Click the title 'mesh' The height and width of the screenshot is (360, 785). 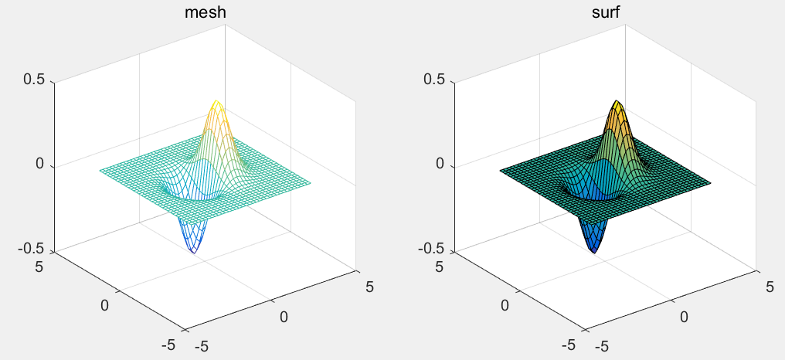(212, 12)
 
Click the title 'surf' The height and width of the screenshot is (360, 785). (612, 12)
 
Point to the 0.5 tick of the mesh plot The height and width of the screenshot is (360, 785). (36, 80)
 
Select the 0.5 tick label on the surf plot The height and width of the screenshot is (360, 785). (436, 80)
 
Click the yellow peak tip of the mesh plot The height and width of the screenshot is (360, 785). (216, 101)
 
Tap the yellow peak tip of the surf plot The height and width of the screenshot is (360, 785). (616, 101)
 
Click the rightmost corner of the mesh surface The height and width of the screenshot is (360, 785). (311, 183)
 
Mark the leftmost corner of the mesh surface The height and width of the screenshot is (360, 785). (99, 170)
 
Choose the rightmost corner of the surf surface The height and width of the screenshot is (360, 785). (711, 183)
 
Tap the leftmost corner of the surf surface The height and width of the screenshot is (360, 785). (499, 170)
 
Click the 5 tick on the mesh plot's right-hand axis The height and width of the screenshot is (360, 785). (369, 287)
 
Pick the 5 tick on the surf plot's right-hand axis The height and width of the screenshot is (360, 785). (770, 287)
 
